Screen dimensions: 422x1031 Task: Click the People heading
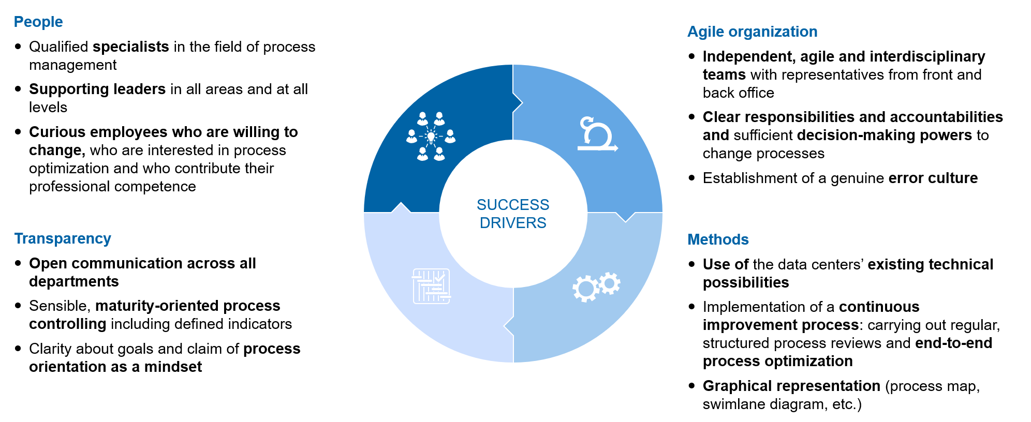38,22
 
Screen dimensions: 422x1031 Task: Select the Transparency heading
63,238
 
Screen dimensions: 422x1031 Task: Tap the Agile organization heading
752,32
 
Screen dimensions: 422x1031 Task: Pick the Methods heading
718,239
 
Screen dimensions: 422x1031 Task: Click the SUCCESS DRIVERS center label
512,214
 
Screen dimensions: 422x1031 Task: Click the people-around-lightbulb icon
431,137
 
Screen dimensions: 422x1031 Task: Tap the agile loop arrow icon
597,134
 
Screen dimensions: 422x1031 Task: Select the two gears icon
596,287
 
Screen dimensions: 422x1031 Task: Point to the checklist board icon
431,286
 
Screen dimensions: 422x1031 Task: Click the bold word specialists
131,47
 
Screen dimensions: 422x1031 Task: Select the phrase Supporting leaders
97,89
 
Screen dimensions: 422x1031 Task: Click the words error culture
933,178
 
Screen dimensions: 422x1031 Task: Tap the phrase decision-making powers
884,135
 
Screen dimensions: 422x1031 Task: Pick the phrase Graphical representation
791,386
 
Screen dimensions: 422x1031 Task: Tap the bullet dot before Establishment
692,178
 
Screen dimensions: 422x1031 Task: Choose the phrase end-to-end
953,343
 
